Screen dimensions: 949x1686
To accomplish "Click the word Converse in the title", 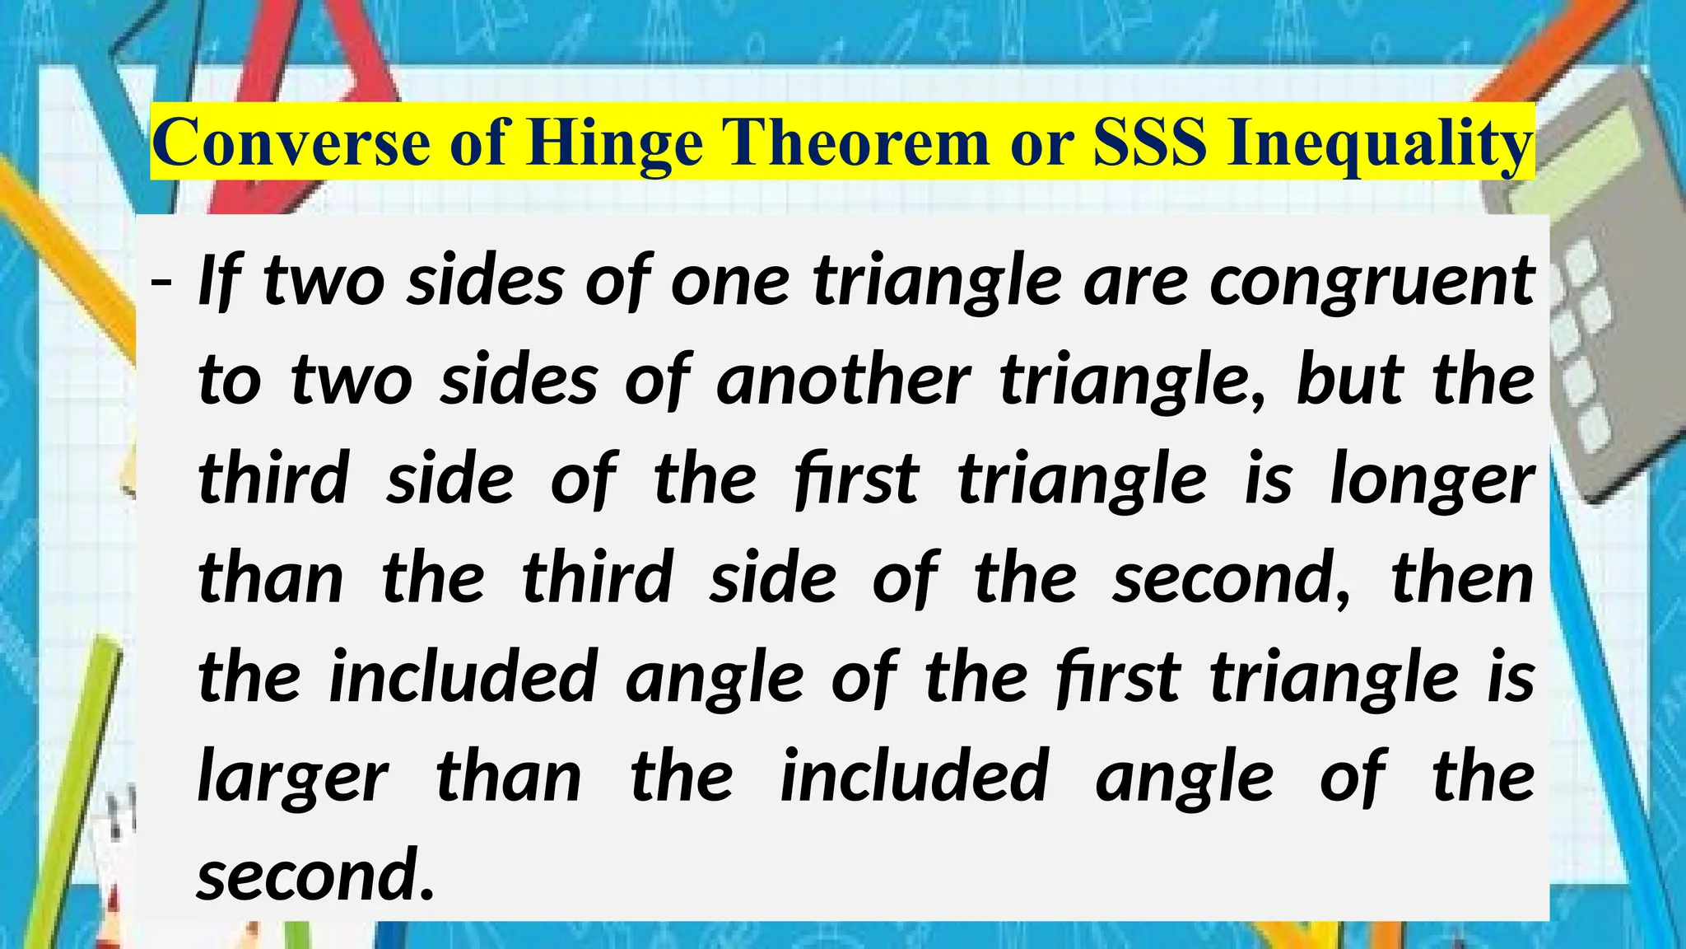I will tap(291, 143).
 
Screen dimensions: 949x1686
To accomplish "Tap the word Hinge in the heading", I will tap(615, 143).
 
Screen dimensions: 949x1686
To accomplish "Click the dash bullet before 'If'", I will tap(161, 282).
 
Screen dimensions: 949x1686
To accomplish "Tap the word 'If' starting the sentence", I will tap(219, 282).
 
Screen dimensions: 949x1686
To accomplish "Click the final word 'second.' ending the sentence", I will tap(314, 875).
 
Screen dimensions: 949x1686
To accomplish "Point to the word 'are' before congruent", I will tap(1136, 282).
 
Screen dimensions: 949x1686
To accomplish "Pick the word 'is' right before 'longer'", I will tap(1269, 479).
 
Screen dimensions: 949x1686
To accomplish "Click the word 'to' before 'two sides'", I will tap(230, 381).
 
